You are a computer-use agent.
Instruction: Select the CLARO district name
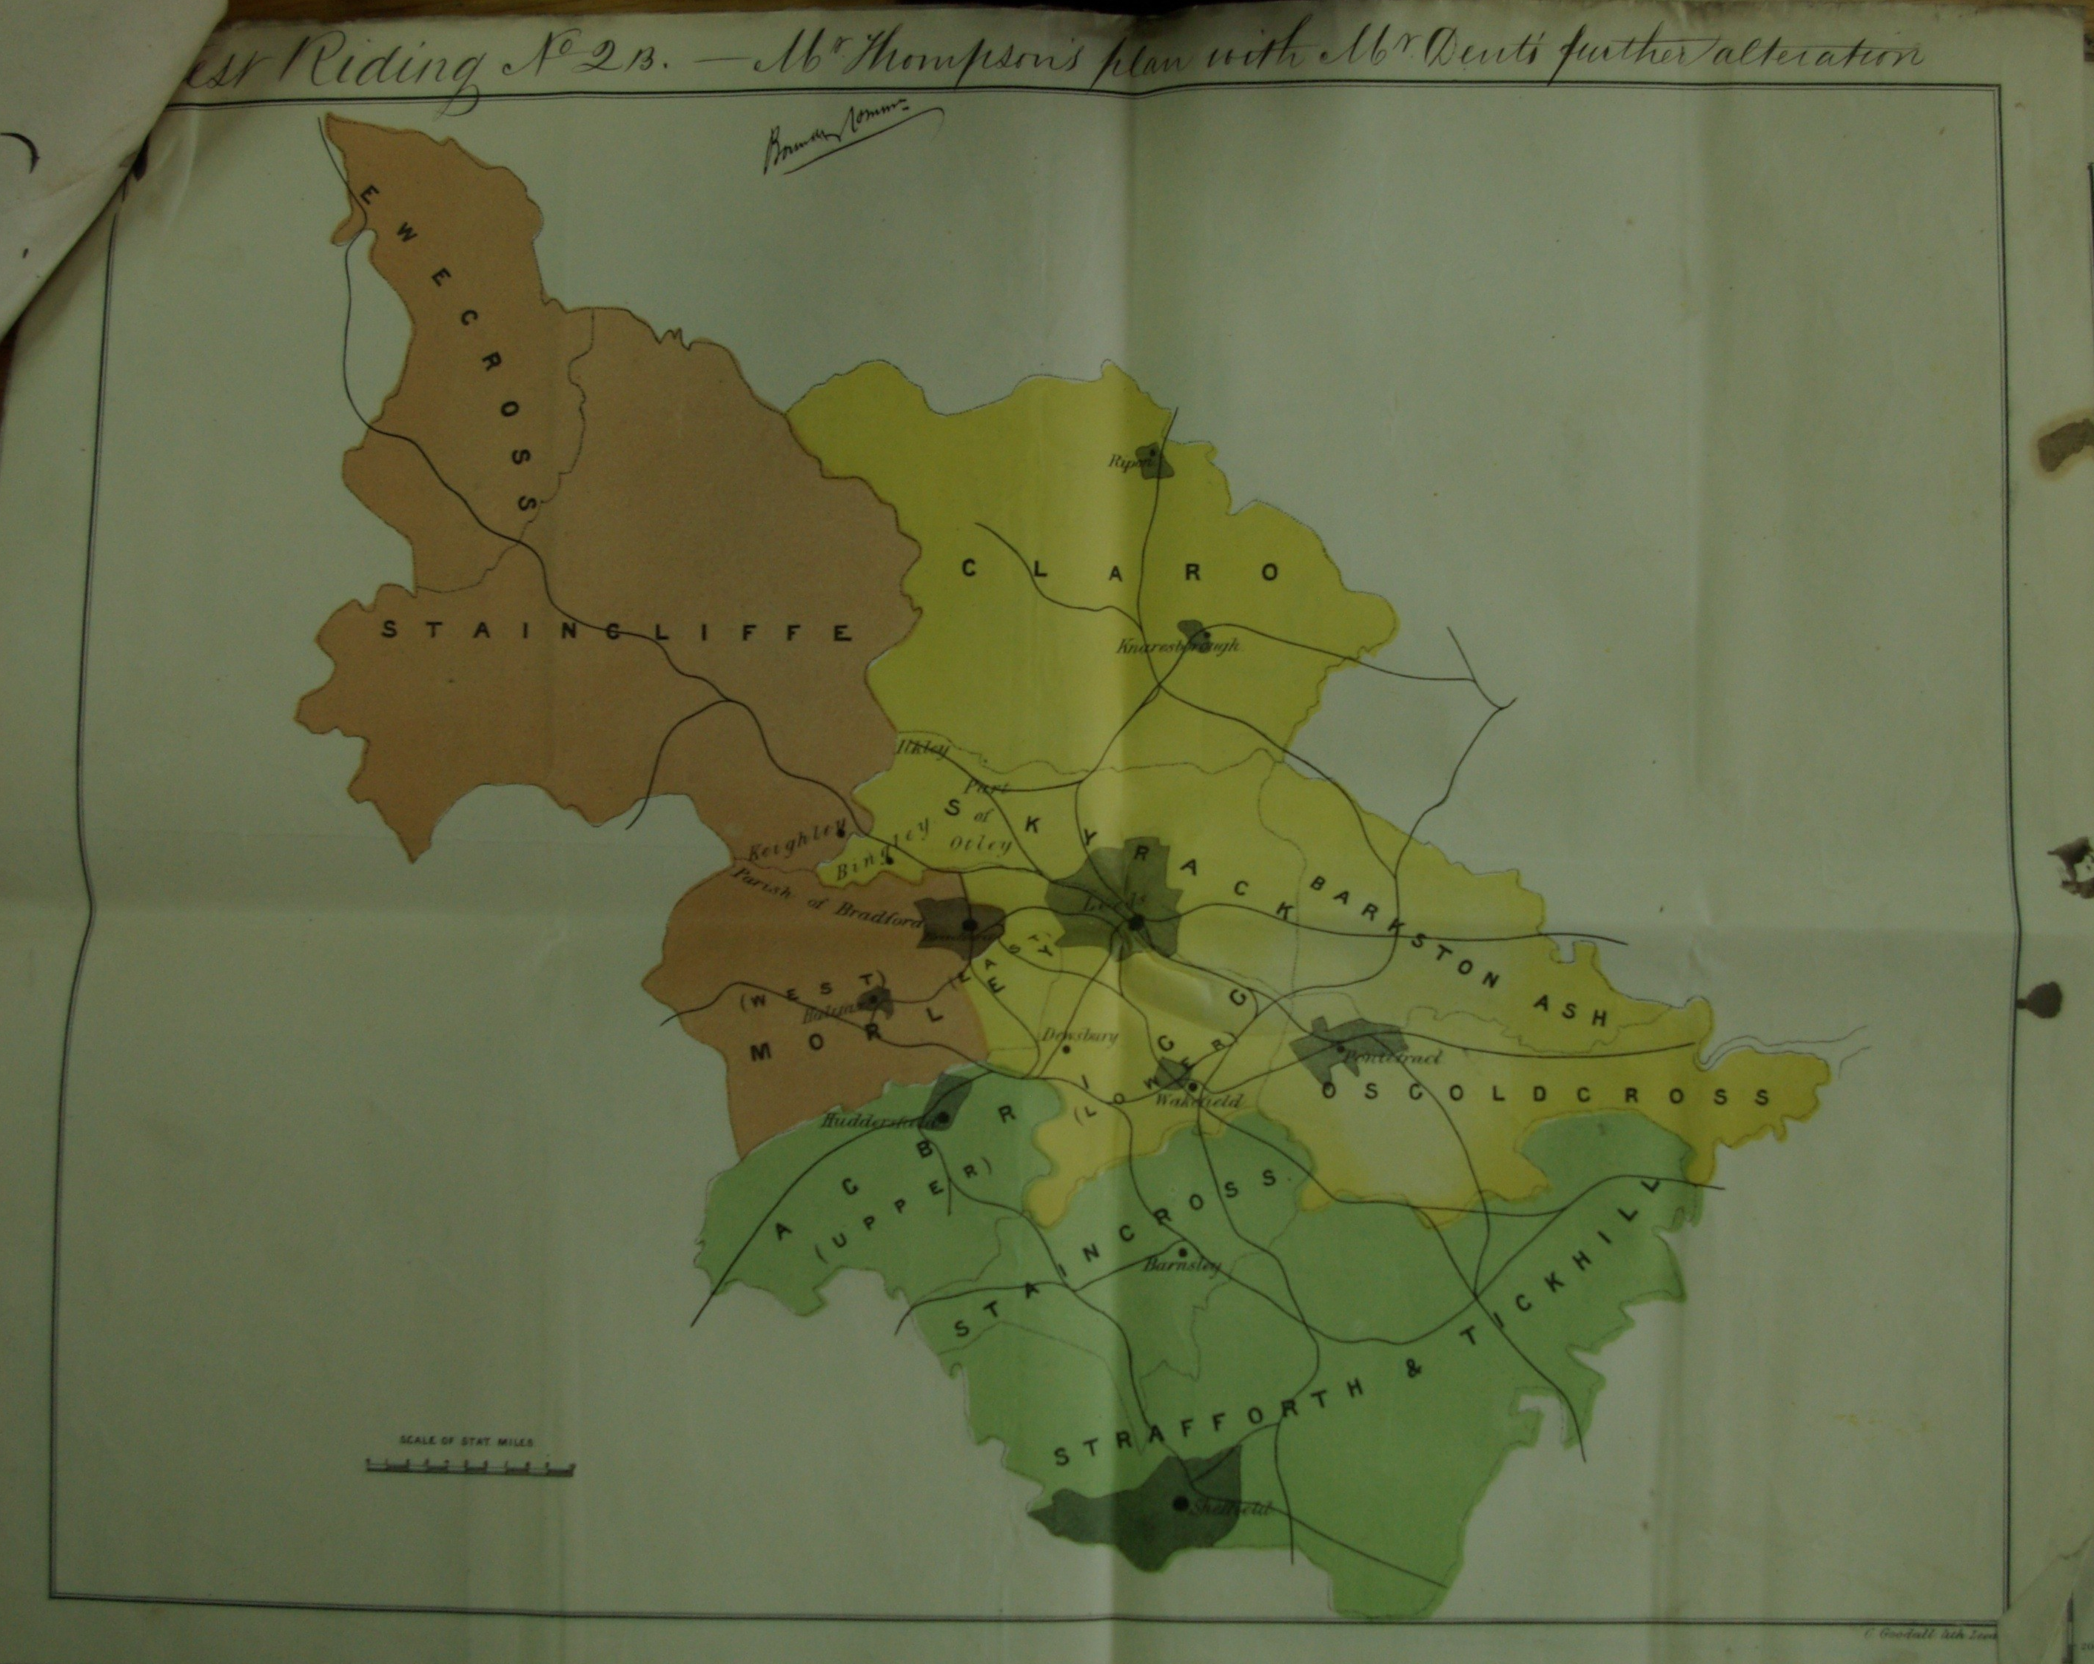point(1120,571)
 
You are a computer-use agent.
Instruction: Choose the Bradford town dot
point(968,924)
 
